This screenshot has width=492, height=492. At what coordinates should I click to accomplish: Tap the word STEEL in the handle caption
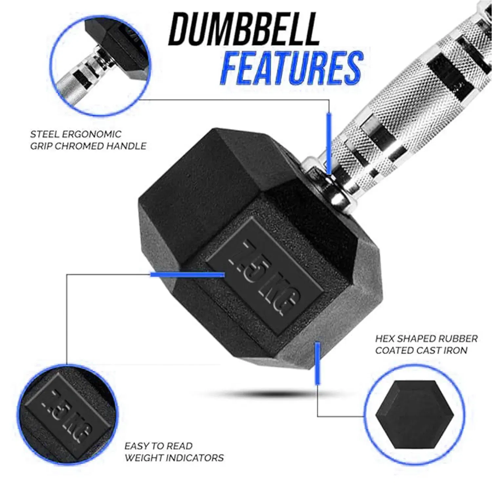tap(44, 134)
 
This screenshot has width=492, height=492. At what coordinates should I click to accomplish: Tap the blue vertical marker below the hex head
tap(317, 363)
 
